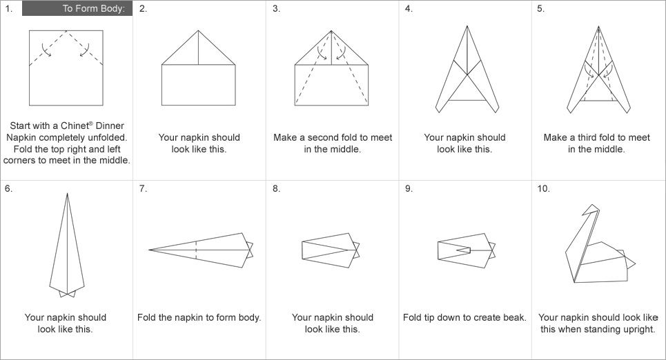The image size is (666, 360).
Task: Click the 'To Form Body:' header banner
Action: [77, 8]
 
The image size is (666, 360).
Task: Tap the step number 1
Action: [8, 8]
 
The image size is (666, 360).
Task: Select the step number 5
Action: [540, 8]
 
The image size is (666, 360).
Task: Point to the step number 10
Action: [543, 188]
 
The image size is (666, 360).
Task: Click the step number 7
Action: [143, 188]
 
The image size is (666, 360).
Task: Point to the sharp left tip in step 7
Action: [149, 250]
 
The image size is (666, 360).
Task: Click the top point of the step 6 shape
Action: [67, 194]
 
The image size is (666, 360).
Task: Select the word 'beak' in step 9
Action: [513, 317]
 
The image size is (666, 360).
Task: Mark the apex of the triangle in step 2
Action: [198, 30]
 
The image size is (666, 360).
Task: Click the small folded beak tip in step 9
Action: [464, 250]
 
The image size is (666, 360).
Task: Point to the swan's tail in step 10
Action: [629, 261]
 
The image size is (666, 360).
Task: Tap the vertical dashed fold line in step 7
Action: [196, 250]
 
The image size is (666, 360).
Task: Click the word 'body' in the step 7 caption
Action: [249, 317]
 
